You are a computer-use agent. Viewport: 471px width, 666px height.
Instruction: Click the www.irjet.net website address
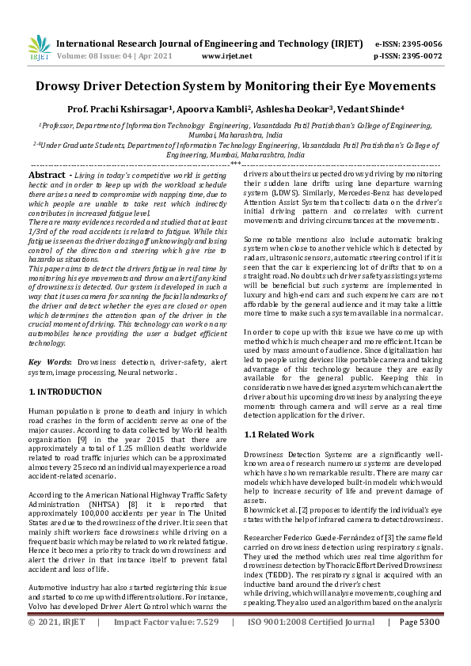click(227, 56)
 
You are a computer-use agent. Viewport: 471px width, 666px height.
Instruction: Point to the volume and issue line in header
click(115, 56)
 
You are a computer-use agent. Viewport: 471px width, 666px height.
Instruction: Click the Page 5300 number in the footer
click(420, 645)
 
